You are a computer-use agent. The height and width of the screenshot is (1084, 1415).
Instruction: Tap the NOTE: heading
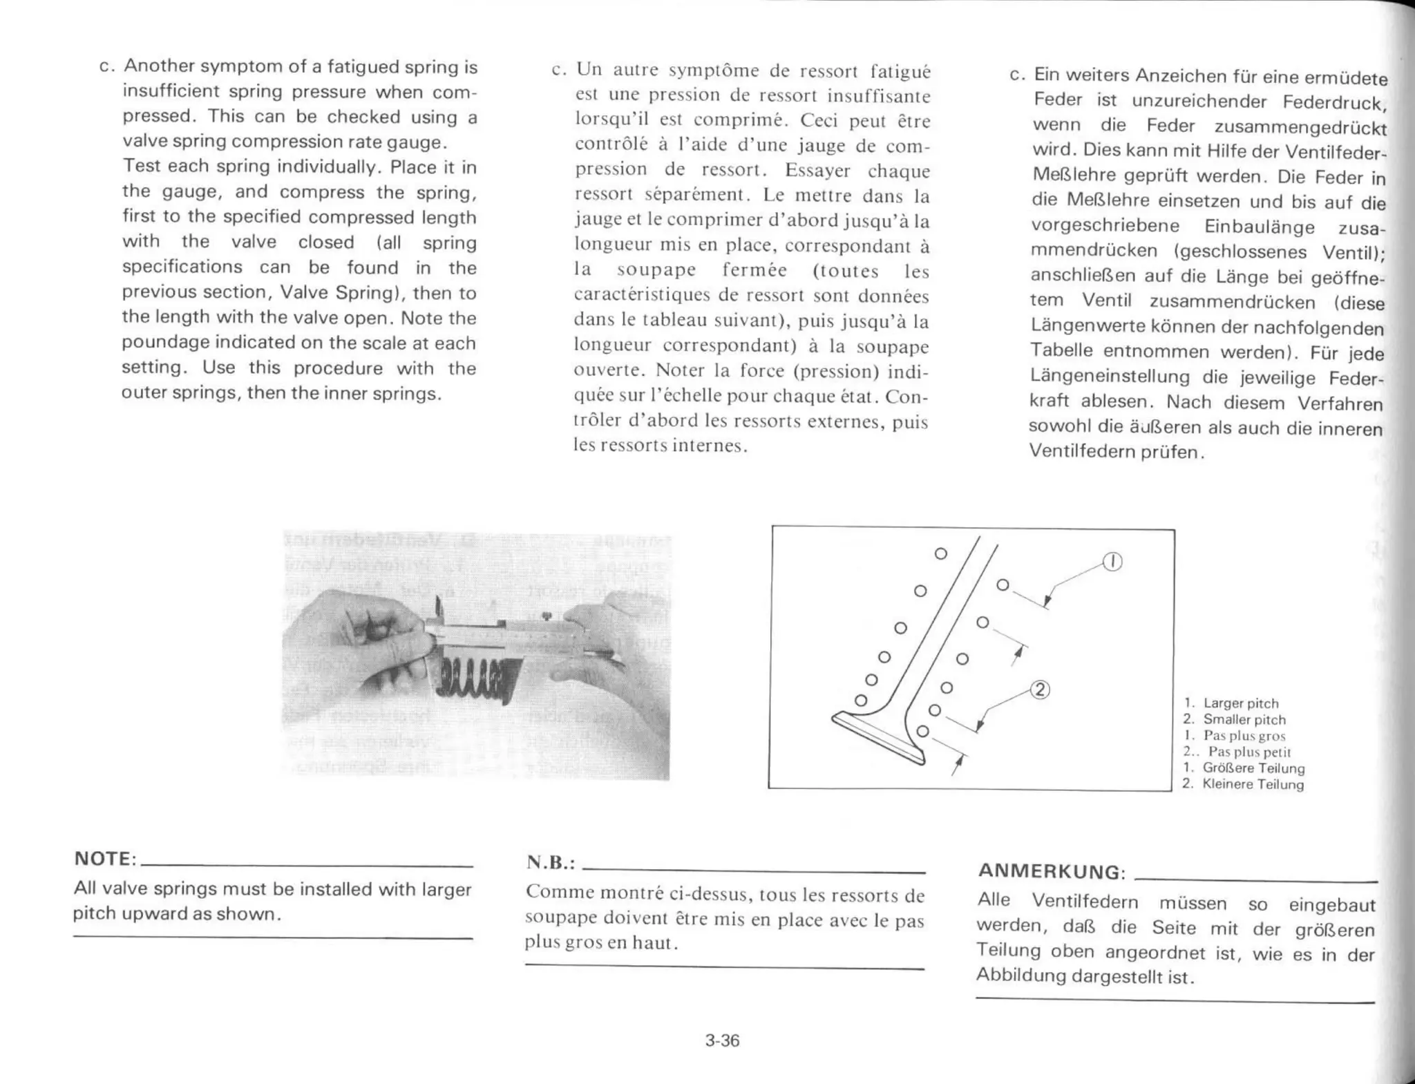pos(105,859)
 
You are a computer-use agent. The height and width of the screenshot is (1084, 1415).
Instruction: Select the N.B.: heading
pos(551,862)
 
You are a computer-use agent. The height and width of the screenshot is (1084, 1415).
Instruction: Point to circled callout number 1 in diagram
pos(1112,562)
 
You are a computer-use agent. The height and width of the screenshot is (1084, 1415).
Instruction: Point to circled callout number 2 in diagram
pos(1040,689)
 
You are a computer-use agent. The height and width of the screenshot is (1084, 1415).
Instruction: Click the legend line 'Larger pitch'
pos(1240,703)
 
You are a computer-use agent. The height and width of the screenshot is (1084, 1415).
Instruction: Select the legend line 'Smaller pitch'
pos(1244,719)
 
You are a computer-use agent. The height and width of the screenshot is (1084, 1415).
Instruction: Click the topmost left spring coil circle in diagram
pos(940,553)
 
